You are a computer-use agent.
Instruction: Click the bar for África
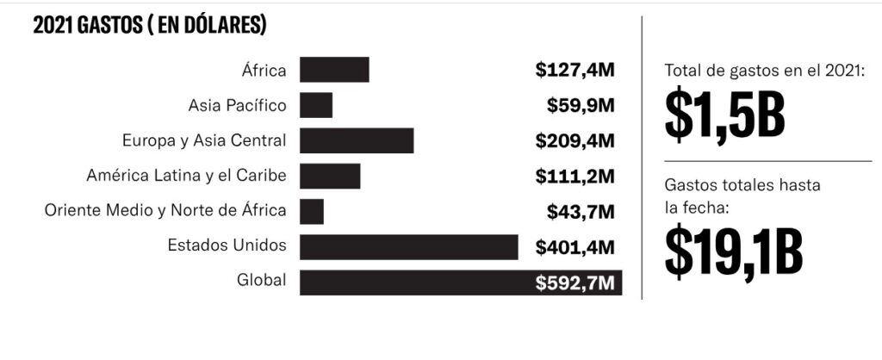pos(334,70)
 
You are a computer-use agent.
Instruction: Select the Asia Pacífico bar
pos(316,105)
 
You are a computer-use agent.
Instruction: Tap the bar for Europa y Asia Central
pos(357,140)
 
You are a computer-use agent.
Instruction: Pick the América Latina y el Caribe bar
pos(330,176)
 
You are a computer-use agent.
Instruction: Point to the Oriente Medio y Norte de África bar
pos(312,211)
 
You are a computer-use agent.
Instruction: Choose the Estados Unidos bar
pos(409,246)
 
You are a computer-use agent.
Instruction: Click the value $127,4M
pos(575,70)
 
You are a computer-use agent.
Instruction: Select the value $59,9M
pos(581,105)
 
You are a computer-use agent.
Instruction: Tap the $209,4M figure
pos(575,140)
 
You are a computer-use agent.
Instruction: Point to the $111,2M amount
pos(575,176)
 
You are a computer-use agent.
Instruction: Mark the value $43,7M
pos(581,211)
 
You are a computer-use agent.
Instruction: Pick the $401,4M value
pos(575,247)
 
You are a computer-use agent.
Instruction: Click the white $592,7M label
pos(575,282)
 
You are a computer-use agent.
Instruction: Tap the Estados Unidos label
pos(227,245)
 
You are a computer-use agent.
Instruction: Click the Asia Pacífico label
pos(237,105)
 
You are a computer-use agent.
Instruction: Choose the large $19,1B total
pos(734,249)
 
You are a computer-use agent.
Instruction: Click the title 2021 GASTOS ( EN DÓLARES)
pos(149,27)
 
